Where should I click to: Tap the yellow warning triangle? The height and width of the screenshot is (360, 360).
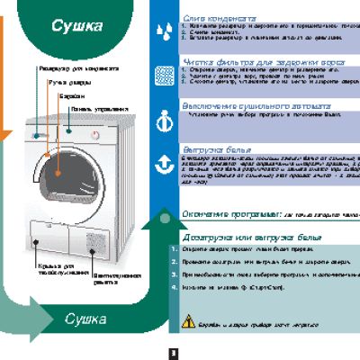pos(189,319)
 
